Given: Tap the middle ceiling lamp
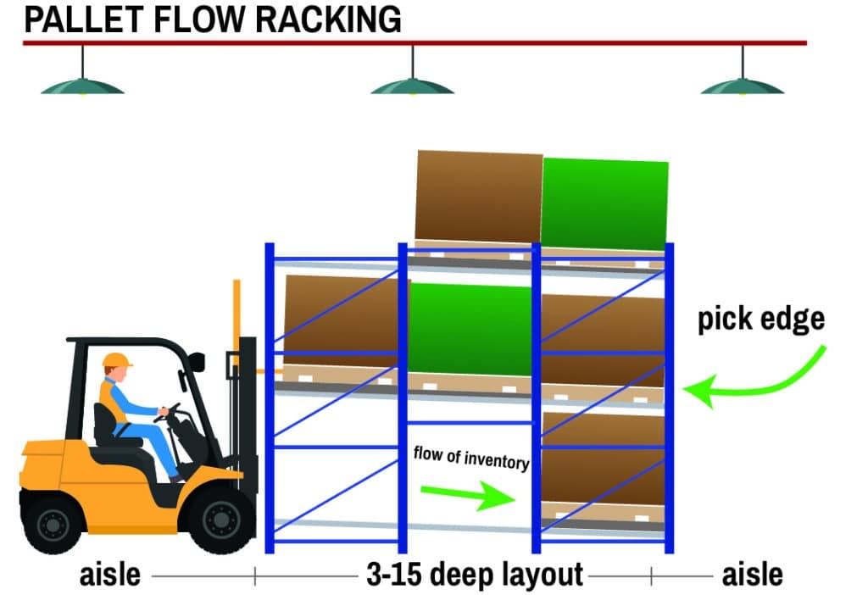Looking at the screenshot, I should click(412, 85).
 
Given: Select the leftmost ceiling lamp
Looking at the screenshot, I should click(82, 85).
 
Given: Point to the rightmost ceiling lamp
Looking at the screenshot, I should click(743, 85).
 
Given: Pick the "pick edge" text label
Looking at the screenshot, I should click(760, 319).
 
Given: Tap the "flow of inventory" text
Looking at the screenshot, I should click(470, 458).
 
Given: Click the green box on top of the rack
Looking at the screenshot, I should click(604, 203).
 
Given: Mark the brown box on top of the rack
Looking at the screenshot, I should click(478, 197).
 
